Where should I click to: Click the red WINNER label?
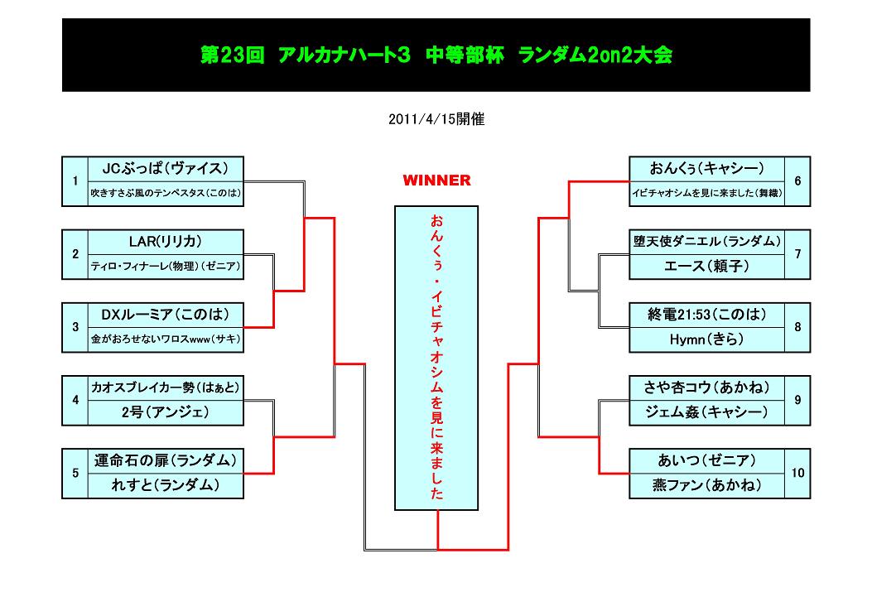point(436,180)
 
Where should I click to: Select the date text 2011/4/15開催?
point(436,119)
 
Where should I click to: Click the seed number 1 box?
point(75,181)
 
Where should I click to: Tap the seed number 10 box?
point(797,474)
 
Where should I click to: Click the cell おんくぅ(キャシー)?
point(706,169)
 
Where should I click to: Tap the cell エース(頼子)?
point(706,267)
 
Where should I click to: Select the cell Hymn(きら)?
point(706,339)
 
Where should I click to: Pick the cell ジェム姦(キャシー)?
point(706,412)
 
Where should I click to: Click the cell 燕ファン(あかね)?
point(706,485)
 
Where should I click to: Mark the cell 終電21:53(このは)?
point(706,315)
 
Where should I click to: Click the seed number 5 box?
point(75,474)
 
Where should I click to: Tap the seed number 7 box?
point(797,254)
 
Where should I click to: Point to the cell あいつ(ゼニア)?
point(706,460)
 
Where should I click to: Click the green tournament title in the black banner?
point(436,55)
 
